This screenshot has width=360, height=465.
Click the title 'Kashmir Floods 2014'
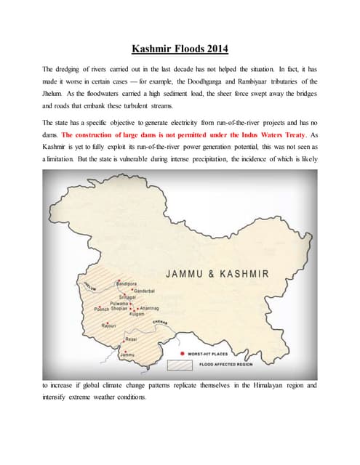pos(180,49)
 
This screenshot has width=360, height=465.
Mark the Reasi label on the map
pos(132,339)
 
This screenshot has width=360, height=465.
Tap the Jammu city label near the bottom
pos(133,355)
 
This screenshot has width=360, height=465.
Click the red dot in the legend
pos(178,355)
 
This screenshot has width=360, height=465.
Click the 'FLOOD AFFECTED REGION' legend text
pos(222,363)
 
